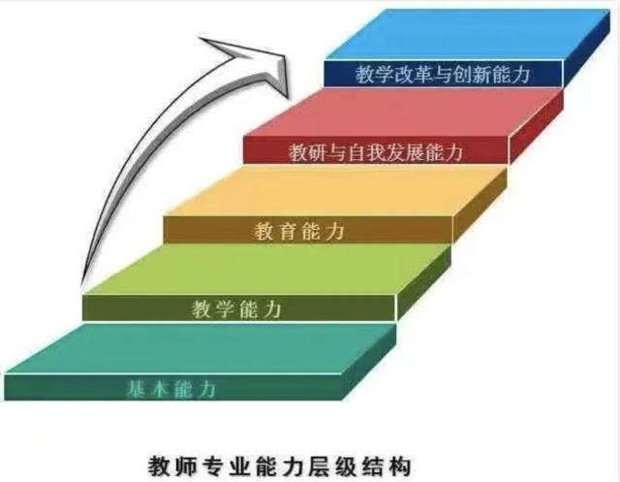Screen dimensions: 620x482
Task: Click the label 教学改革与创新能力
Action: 443,75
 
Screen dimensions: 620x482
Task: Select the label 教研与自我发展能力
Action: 376,152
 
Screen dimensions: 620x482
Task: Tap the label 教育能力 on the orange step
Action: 299,231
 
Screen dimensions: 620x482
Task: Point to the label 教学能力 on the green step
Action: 236,308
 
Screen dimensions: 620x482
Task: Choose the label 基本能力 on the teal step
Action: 170,389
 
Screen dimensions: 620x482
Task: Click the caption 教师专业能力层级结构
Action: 280,466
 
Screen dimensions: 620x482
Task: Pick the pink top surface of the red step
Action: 403,112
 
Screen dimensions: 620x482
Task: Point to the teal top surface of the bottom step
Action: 200,348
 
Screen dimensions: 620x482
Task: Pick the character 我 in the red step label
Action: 376,152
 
